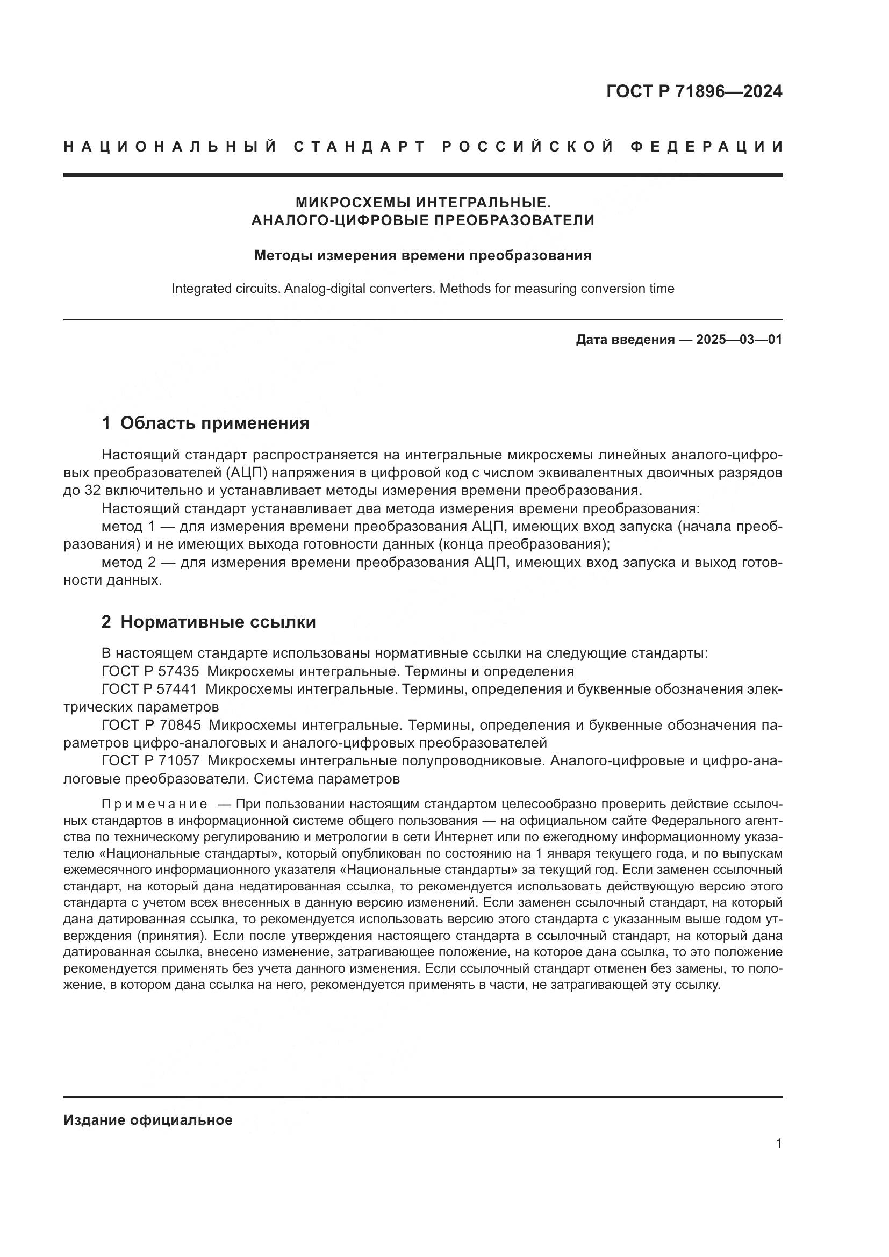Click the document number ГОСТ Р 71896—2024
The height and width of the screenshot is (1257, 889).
pos(694,92)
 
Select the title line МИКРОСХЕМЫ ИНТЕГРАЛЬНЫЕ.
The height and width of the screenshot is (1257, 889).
pos(422,203)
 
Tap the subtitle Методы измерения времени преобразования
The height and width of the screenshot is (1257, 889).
pos(422,256)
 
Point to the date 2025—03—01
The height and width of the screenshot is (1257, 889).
pos(739,340)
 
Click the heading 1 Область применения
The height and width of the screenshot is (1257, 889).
pos(205,422)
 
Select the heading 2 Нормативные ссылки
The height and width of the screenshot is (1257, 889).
pos(209,622)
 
